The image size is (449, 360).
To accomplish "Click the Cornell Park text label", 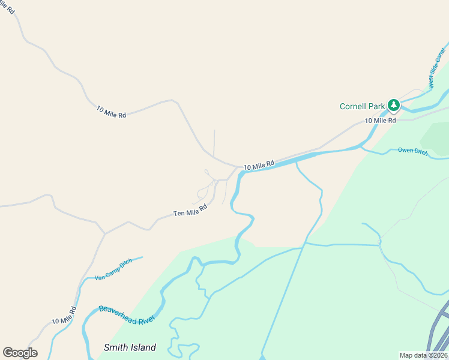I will tap(362, 107).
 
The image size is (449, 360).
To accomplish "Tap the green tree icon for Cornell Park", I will tap(393, 106).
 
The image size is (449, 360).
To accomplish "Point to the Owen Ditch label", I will tap(413, 151).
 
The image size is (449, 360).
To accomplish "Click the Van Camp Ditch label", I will tap(113, 270).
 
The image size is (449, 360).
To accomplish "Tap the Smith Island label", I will tap(130, 347).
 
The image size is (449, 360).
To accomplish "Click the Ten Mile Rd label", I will tap(190, 210).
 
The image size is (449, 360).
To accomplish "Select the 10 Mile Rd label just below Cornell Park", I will tap(381, 121).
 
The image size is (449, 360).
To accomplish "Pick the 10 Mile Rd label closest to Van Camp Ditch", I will tap(64, 316).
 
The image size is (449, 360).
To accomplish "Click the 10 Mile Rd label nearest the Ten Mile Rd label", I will tap(259, 164).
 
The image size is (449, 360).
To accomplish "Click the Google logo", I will tap(20, 353).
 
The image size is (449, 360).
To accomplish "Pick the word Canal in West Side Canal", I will tap(441, 58).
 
